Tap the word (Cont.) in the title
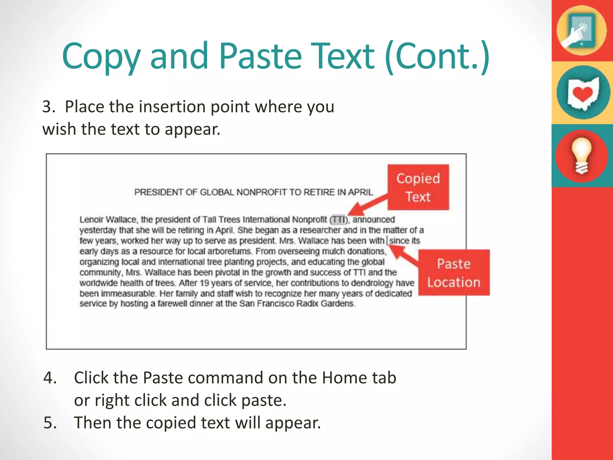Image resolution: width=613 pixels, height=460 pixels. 437,56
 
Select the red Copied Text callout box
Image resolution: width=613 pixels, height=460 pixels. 418,187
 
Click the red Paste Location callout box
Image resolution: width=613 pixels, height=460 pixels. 453,273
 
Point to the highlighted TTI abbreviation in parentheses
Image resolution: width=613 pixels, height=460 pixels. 339,220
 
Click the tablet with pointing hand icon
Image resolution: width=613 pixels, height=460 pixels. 581,31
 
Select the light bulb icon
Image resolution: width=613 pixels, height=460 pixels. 582,156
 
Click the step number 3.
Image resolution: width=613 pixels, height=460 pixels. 48,107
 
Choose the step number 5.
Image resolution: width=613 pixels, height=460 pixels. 50,423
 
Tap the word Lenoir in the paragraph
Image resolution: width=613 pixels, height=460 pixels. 91,220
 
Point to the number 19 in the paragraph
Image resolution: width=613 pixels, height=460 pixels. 204,283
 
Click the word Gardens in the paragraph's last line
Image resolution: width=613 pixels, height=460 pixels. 338,304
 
